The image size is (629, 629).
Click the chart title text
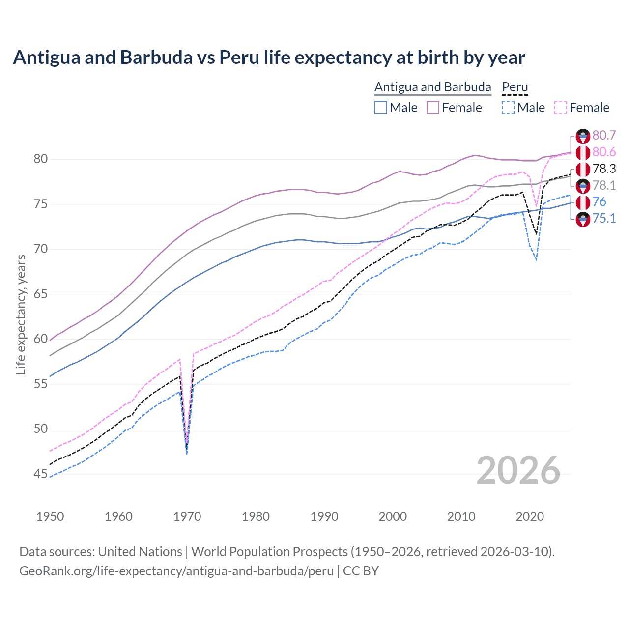point(269,57)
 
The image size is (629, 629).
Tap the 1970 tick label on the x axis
point(187,516)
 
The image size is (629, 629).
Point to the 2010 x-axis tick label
point(461,516)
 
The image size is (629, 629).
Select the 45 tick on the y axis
point(41,474)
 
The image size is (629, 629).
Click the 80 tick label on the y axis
point(41,159)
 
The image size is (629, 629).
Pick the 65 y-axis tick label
point(41,294)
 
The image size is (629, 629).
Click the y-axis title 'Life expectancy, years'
point(21,314)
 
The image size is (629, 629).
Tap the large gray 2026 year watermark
point(518,470)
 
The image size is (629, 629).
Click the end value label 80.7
point(604,136)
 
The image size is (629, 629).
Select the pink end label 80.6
point(604,152)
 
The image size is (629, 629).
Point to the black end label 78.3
point(604,169)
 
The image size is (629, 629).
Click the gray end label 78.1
point(604,185)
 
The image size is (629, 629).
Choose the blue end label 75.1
point(604,218)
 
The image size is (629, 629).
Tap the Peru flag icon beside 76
point(583,202)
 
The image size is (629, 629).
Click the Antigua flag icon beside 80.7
point(583,136)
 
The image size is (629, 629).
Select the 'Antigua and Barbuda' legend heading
point(432,87)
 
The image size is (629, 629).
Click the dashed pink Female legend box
point(560,108)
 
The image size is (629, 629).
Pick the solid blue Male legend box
point(381,108)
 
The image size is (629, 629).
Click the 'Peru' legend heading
point(515,87)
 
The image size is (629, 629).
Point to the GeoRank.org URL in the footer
point(176,571)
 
